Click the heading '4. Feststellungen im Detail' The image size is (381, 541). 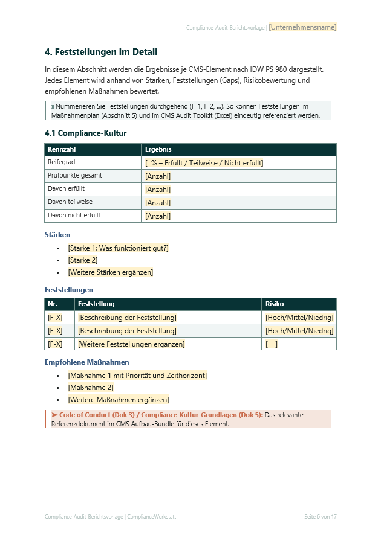101,53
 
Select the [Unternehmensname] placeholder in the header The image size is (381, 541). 302,27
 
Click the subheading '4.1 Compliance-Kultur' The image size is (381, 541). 85,133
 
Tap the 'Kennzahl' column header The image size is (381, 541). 62,149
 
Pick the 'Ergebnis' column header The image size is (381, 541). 158,149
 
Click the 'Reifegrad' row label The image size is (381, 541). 62,162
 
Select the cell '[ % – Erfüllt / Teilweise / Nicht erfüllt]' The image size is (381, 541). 204,163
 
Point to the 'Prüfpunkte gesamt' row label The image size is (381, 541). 74,176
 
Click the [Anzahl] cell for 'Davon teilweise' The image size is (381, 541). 158,203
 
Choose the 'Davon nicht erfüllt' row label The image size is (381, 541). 74,216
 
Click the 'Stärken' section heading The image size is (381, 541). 57,235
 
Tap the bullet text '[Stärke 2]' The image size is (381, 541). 83,260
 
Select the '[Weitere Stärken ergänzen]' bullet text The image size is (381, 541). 110,272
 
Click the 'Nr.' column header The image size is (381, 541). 53,304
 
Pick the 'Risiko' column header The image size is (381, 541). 275,304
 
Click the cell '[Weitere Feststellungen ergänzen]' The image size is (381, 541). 131,344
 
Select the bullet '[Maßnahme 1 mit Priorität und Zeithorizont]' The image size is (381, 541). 137,376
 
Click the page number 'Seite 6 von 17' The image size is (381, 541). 320,517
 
